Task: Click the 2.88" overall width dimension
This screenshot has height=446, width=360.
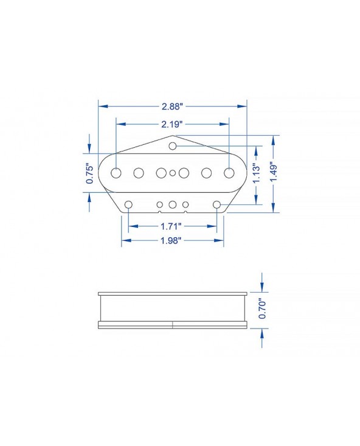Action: click(x=172, y=106)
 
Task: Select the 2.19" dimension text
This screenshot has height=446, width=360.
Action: click(x=172, y=124)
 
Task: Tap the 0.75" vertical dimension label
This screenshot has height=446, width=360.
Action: click(x=89, y=173)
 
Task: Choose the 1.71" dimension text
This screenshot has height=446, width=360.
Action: click(x=171, y=226)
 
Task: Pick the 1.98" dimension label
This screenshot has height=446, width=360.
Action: click(x=171, y=240)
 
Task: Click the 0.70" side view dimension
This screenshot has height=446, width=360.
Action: click(x=262, y=308)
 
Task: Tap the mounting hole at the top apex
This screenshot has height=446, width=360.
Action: click(x=172, y=146)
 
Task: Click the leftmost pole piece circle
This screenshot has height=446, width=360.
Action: click(x=116, y=173)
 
